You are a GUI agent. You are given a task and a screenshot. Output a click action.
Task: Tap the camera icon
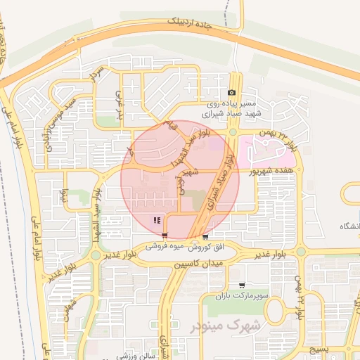232,93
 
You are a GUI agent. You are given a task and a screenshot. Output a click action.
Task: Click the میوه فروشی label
166,247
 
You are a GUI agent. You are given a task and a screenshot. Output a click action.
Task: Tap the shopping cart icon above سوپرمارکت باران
243,286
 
